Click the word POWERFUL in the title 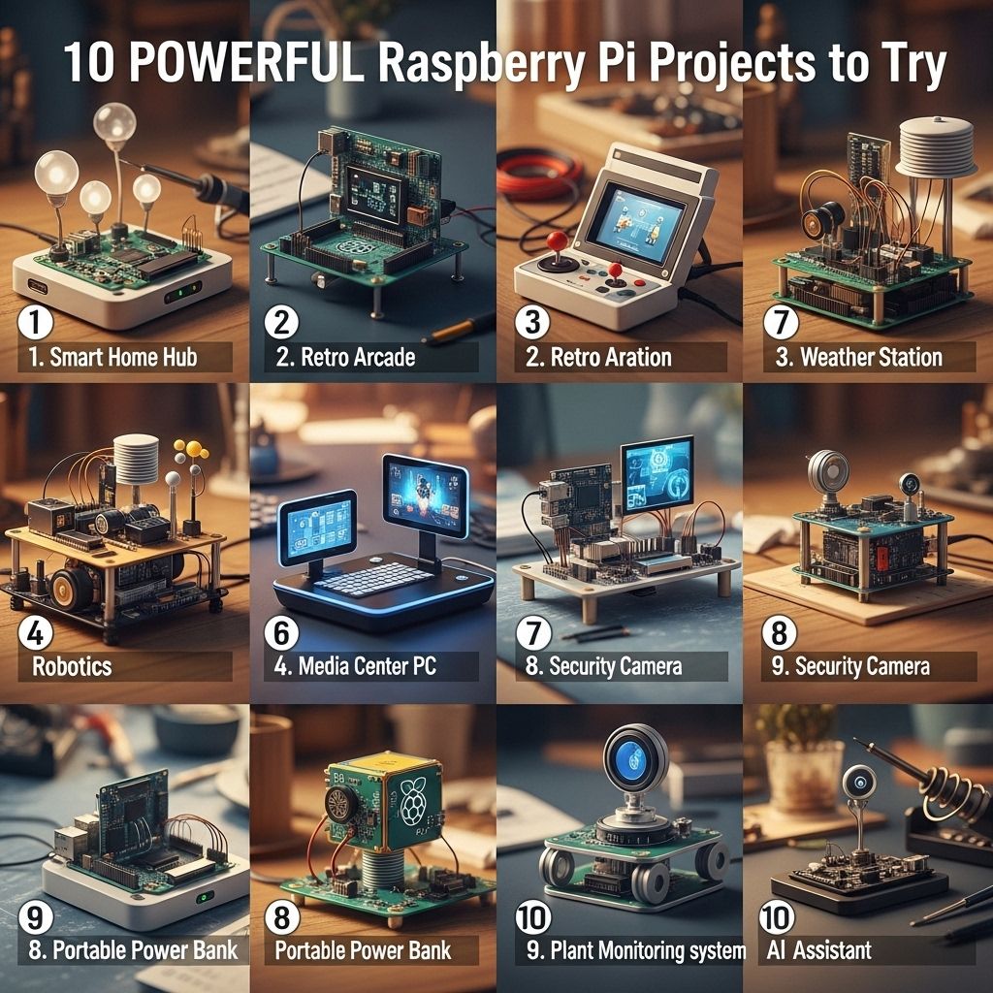[x=249, y=62]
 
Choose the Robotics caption [x=72, y=666]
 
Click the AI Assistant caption [x=818, y=950]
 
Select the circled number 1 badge [x=36, y=322]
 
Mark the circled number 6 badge [x=281, y=632]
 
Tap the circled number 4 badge [x=36, y=632]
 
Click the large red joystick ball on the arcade [x=558, y=241]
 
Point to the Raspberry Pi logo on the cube [x=413, y=799]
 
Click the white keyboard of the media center [x=372, y=578]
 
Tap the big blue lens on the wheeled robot [x=635, y=757]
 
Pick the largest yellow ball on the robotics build [x=194, y=449]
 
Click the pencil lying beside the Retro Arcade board [x=459, y=329]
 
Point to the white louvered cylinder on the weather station [x=936, y=148]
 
